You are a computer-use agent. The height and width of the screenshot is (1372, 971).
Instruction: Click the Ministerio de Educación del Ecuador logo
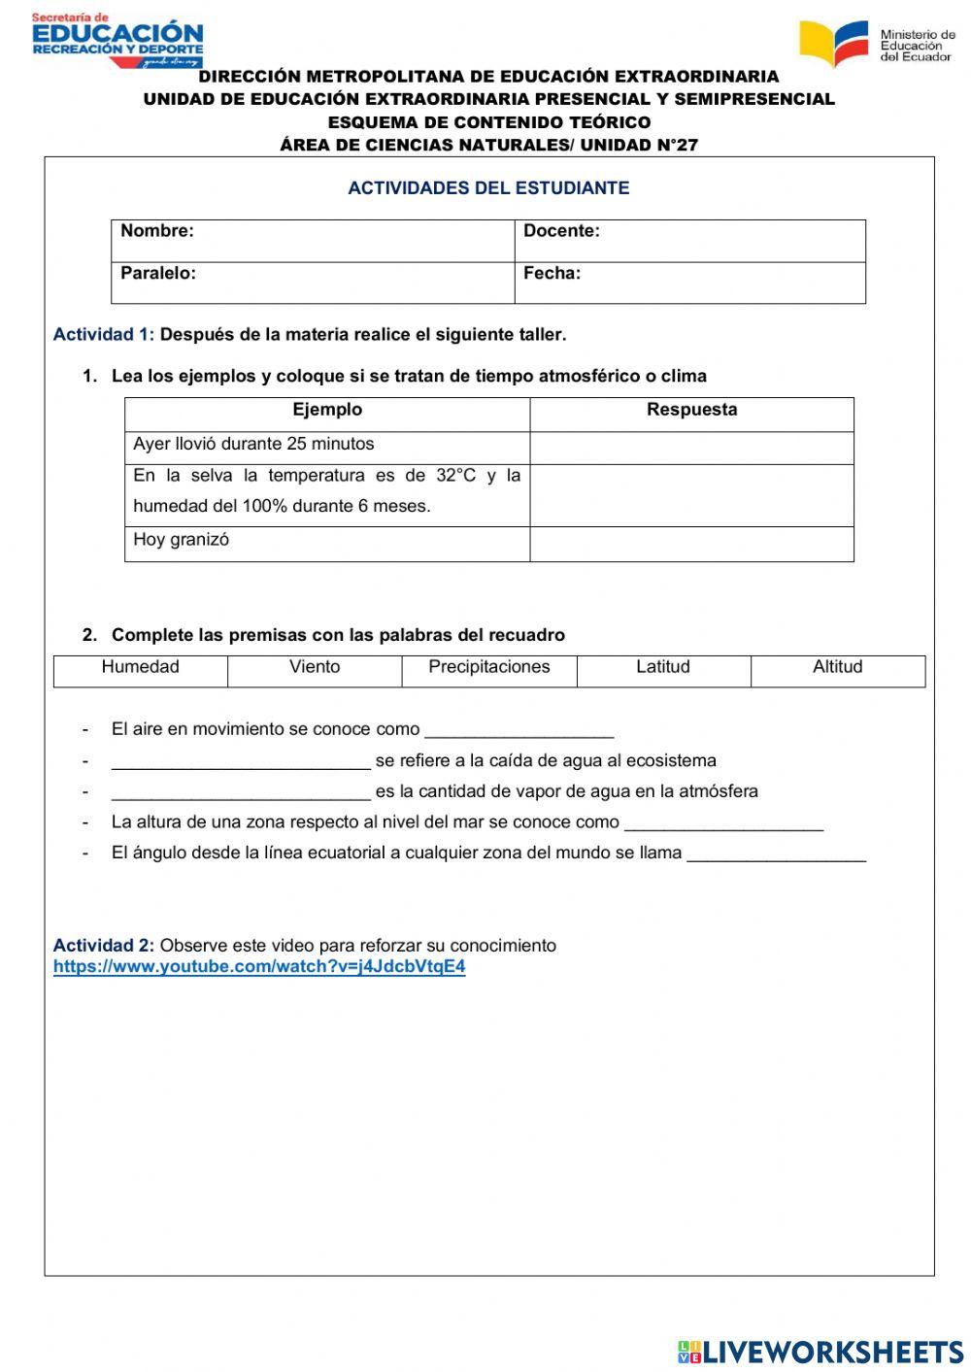coord(877,44)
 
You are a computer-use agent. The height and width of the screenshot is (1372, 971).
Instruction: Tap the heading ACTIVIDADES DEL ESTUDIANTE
coord(488,188)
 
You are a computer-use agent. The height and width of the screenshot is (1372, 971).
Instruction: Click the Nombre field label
coord(157,231)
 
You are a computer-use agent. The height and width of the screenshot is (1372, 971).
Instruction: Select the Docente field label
coord(561,231)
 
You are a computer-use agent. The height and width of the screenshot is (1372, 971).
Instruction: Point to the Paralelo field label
coord(158,274)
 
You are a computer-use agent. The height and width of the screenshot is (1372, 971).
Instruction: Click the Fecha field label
coord(552,274)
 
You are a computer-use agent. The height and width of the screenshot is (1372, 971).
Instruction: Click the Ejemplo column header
coord(327,410)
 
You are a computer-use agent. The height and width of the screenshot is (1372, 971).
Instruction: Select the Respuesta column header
coord(691,410)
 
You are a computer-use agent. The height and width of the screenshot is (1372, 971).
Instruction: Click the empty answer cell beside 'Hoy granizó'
coord(691,544)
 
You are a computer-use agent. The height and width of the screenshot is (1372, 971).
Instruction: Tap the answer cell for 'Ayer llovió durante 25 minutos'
coord(691,448)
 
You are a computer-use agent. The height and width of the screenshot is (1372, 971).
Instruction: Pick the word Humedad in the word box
coord(141,667)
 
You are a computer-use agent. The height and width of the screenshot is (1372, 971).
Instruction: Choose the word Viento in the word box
coord(315,667)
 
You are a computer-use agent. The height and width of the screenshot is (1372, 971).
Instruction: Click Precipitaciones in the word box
coord(489,667)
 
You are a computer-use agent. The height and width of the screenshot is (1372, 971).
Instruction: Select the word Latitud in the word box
coord(663,667)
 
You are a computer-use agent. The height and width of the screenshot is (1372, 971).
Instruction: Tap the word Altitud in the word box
coord(837,667)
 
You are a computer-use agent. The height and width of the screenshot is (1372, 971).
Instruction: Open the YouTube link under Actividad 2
coord(259,967)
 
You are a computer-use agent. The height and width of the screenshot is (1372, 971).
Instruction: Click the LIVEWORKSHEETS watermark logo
coord(820,1352)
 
